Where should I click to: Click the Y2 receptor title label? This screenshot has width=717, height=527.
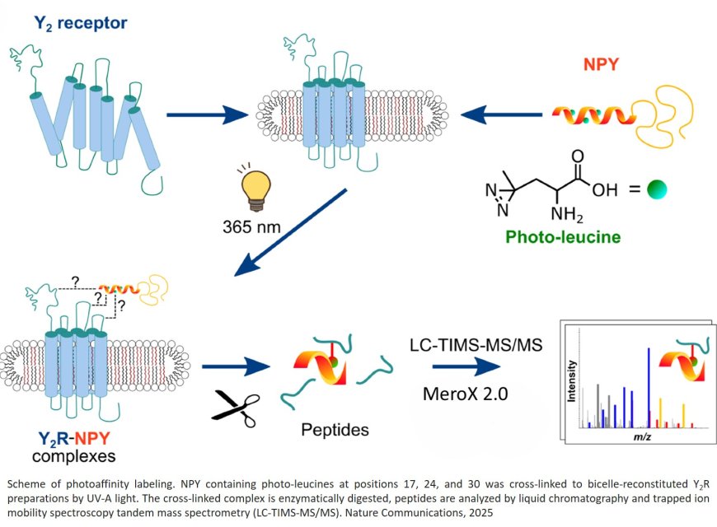pos(80,23)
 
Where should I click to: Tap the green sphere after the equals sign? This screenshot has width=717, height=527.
pos(656,190)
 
